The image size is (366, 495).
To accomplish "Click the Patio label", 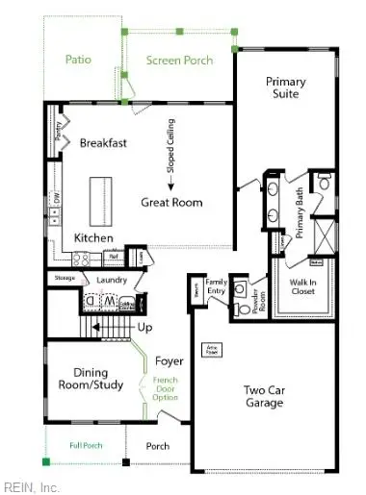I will point(79,60).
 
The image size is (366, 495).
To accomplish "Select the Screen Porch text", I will point(179,61).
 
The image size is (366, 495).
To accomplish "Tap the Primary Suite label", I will point(285,87).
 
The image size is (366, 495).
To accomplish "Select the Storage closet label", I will point(65,279).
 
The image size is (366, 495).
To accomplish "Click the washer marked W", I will point(110,302).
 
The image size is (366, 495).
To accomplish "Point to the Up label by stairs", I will point(145,328).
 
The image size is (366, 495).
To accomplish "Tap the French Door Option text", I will point(165,389).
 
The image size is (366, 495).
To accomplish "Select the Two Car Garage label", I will point(263,396).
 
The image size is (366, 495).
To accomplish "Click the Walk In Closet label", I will point(302,287).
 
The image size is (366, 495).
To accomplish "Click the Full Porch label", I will point(86,446).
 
